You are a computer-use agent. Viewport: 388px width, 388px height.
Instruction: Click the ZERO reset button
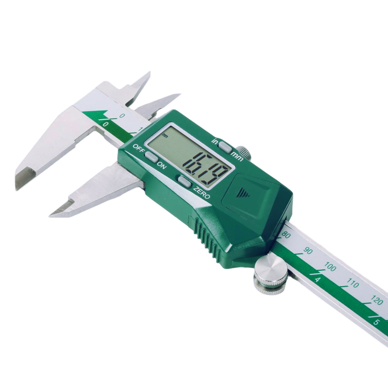(x=184, y=181)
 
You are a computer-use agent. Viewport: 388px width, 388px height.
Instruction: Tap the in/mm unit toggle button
(x=225, y=145)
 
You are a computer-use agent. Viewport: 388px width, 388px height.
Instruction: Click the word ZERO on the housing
(x=201, y=193)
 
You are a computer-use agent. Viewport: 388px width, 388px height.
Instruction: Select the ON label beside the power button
(x=162, y=164)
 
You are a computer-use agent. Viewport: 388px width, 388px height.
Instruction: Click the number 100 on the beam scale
(x=330, y=267)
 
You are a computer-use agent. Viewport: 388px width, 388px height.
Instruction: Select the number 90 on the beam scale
(x=307, y=251)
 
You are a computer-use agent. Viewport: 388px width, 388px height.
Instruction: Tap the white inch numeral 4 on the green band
(x=318, y=280)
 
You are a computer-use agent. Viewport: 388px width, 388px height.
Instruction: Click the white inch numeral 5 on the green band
(x=376, y=322)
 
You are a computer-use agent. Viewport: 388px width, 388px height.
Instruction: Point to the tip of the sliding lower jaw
(x=52, y=213)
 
